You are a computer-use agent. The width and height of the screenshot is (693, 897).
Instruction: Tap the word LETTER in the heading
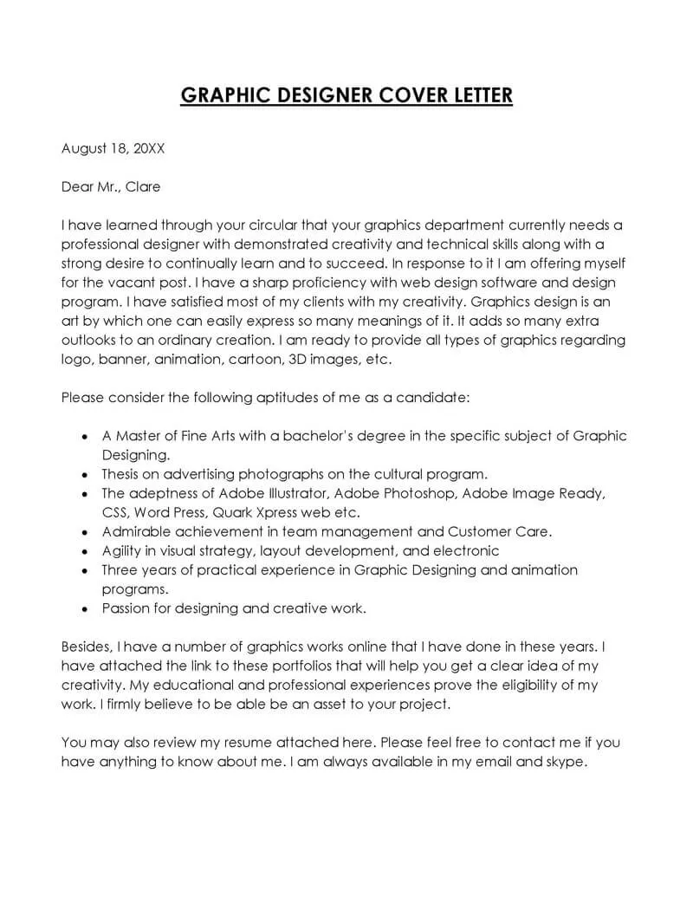[475, 94]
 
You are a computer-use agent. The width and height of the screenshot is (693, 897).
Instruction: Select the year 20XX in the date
[148, 148]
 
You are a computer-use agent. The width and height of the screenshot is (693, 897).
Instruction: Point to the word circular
[262, 224]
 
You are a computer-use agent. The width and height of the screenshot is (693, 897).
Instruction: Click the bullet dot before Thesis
[83, 475]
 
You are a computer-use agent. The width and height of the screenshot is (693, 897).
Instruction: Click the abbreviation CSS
[115, 512]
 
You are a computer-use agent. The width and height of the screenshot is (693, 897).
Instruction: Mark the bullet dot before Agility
[83, 551]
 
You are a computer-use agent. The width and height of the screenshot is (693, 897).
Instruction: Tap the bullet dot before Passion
[83, 608]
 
